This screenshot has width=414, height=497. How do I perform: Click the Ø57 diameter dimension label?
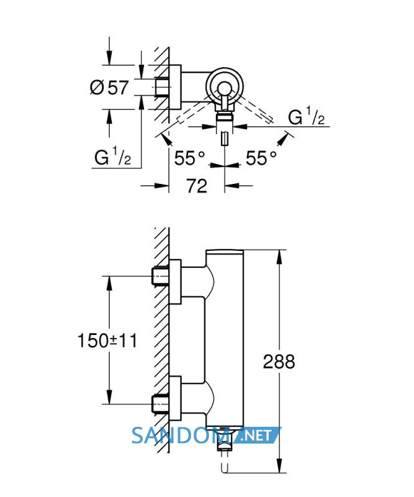[x=109, y=88]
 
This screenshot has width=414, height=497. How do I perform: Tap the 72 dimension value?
[x=196, y=186]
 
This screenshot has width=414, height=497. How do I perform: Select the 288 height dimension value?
[x=279, y=362]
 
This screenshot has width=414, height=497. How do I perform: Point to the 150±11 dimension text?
[x=107, y=341]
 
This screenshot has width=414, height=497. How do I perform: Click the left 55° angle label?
[x=190, y=158]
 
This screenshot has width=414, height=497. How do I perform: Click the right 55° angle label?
[x=261, y=158]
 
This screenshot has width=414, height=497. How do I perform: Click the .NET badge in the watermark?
[x=256, y=435]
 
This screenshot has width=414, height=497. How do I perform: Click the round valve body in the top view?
[x=224, y=86]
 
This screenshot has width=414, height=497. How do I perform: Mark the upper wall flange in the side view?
[x=175, y=282]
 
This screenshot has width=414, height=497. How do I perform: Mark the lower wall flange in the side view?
[x=175, y=398]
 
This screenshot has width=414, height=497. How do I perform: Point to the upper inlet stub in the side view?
[x=161, y=276]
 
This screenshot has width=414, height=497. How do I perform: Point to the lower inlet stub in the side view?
[x=161, y=404]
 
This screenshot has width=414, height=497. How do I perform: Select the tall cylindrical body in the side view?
[x=225, y=338]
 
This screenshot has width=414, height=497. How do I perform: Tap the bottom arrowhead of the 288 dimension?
[x=279, y=466]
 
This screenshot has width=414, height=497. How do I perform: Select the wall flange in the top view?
[x=175, y=87]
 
